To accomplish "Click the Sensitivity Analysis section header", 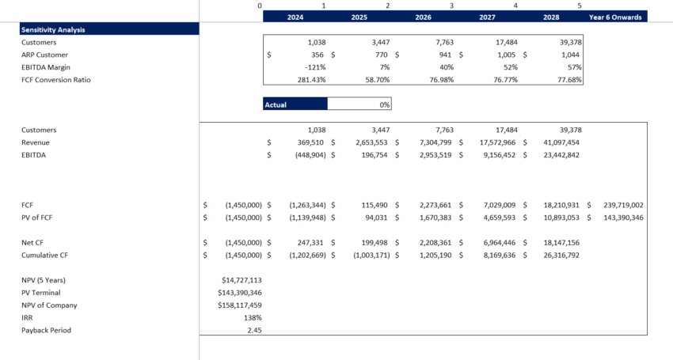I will pyautogui.click(x=53, y=29).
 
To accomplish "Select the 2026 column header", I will pyautogui.click(x=424, y=17).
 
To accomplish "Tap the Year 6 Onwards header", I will pyautogui.click(x=617, y=17).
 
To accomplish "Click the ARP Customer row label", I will pyautogui.click(x=44, y=55).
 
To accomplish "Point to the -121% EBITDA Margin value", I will pyautogui.click(x=315, y=67).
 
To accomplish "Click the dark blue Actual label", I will pyautogui.click(x=295, y=104).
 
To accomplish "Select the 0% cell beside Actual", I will pyautogui.click(x=359, y=104).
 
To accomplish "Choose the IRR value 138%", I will pyautogui.click(x=253, y=317).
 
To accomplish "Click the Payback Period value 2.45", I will pyautogui.click(x=254, y=330).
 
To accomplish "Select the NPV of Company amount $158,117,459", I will pyautogui.click(x=239, y=305).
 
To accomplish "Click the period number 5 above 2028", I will pyautogui.click(x=580, y=6).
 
